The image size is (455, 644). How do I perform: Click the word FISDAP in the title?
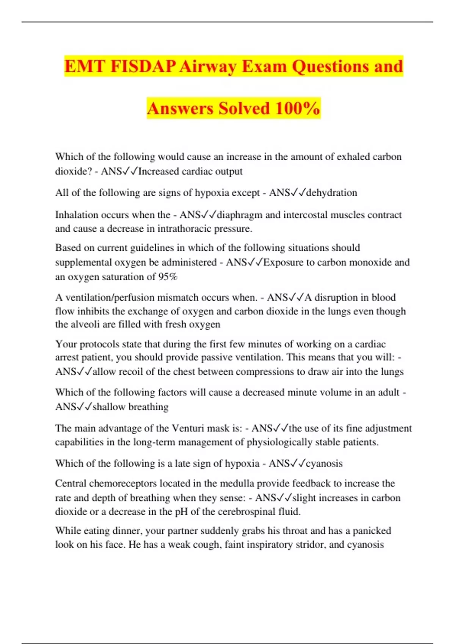(x=143, y=67)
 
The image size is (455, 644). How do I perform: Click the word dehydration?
(x=332, y=193)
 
